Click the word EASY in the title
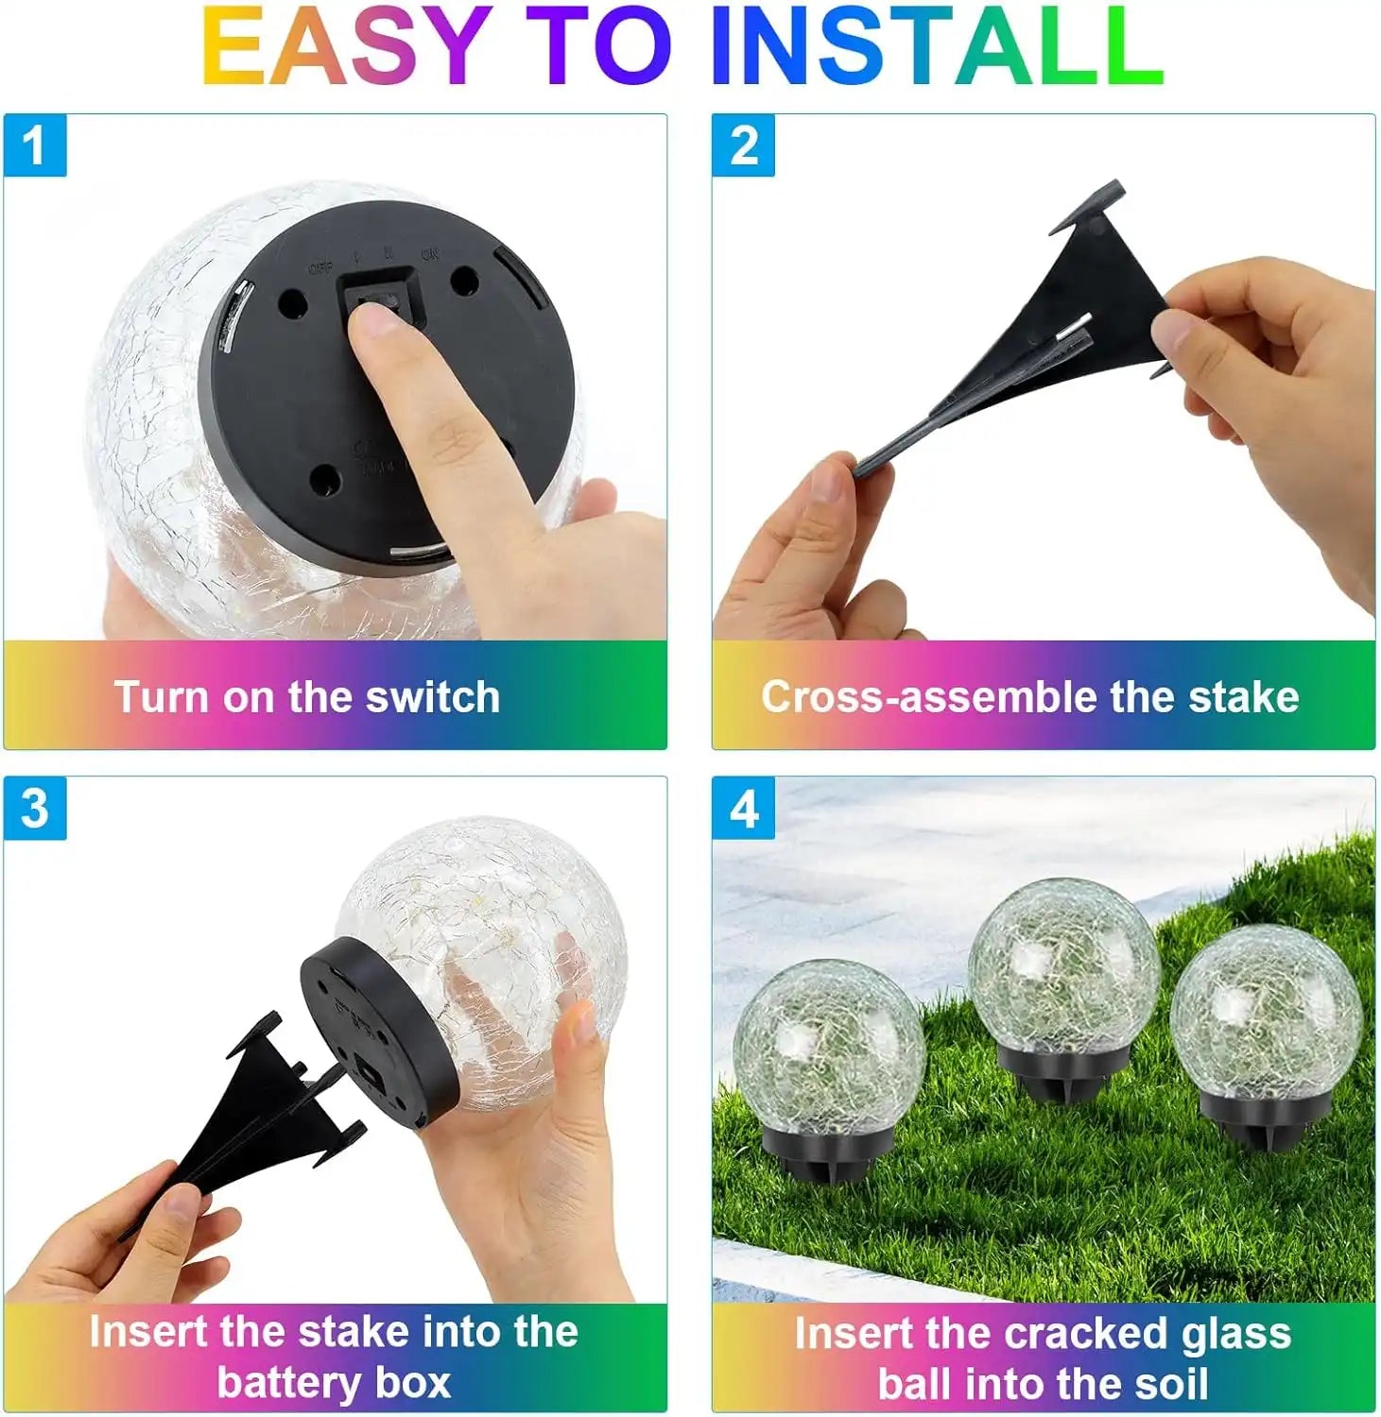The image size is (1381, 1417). (x=345, y=47)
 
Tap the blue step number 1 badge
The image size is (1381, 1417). (x=35, y=145)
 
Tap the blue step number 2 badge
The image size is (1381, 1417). (x=744, y=145)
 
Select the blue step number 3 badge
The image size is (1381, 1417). (x=35, y=809)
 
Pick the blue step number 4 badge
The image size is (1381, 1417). (x=744, y=809)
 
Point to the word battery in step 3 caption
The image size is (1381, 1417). (x=289, y=1382)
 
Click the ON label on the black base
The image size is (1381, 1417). (x=430, y=254)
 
